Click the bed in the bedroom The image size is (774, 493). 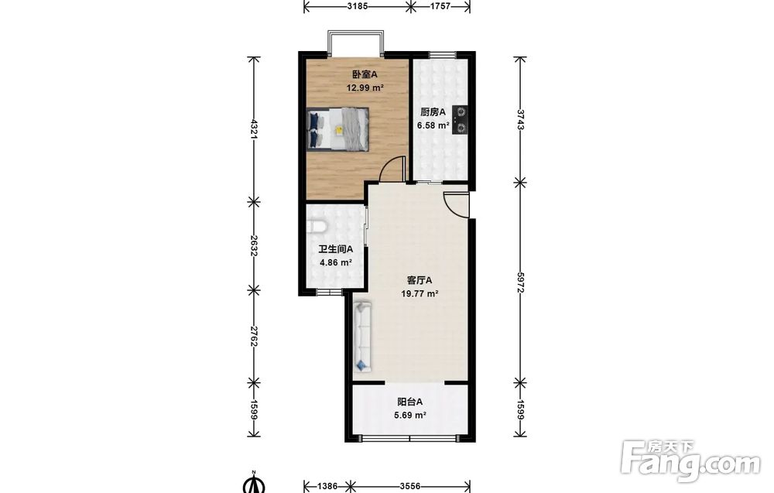pos(337,128)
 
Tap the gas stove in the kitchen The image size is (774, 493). pos(460,120)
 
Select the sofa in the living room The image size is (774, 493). pos(363,337)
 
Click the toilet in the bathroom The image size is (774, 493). pos(317,227)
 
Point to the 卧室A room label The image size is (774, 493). pos(365,74)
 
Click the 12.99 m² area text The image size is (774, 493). pos(365,88)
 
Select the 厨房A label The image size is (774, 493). pos(433,112)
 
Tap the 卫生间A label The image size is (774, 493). pos(336,249)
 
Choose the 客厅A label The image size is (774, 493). pos(420,280)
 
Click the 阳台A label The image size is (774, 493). pos(410,402)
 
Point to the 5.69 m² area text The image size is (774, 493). pos(410,416)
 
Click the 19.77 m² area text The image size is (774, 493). pos(420,294)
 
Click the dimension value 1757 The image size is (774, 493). pos(441,6)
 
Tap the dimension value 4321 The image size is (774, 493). pos(254,129)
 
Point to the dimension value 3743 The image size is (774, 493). pos(519,119)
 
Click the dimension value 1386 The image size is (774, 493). pos(327,486)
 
